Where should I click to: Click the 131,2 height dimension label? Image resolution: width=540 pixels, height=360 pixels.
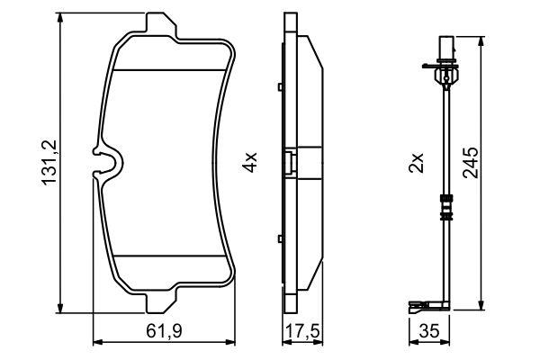coord(49,163)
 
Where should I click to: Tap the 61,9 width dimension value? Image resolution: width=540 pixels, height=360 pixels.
coord(164,331)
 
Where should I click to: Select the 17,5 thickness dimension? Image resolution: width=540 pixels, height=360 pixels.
coord(303,331)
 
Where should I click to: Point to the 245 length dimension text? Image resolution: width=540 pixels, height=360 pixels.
coord(471,163)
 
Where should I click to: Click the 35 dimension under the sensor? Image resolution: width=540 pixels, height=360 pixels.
coord(429,331)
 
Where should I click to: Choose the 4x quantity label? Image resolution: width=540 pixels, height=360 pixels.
coord(249,162)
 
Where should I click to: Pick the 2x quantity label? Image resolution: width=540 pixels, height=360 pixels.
coord(416,163)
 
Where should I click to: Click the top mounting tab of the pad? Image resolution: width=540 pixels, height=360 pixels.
coord(161,24)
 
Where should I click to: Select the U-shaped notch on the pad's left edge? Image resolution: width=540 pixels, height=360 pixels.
coord(109,162)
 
